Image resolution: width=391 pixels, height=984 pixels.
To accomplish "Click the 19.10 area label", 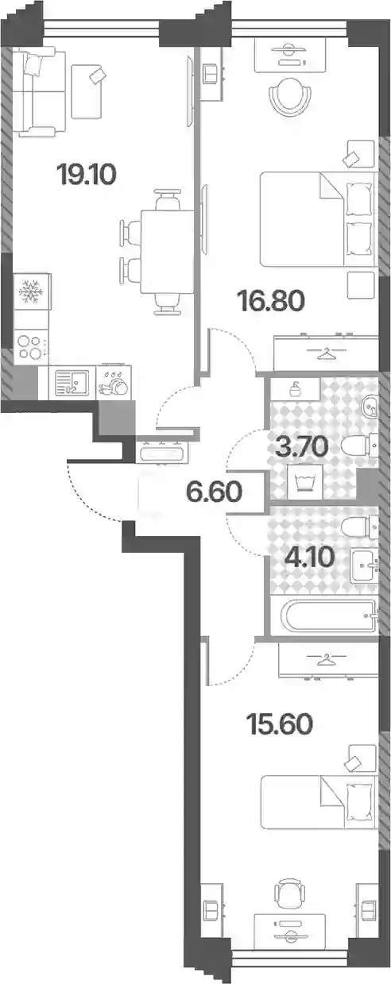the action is [x=87, y=175].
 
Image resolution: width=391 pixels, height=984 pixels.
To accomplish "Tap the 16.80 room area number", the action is [x=271, y=301].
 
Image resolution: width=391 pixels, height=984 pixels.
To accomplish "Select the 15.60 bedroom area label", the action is [x=280, y=724].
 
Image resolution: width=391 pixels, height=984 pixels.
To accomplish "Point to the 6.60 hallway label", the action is [x=215, y=492].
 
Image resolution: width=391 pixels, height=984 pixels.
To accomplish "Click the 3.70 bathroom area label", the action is [x=301, y=447].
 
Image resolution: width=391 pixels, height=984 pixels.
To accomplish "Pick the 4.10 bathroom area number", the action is [x=310, y=558].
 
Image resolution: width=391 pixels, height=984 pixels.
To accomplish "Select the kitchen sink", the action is [x=72, y=383].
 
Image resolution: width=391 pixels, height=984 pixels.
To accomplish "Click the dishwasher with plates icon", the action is [x=114, y=383].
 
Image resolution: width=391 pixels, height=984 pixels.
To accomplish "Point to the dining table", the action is [x=167, y=252].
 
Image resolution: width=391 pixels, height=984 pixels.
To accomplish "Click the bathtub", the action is [x=324, y=615].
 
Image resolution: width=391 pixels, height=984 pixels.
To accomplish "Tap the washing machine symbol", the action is [x=305, y=482].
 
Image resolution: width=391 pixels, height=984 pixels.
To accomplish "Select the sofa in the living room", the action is [x=39, y=91].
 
